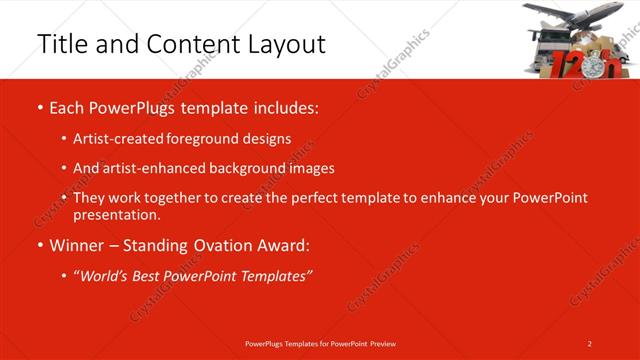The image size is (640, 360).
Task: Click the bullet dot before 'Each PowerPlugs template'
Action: pos(39,106)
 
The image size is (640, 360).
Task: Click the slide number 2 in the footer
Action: pos(590,343)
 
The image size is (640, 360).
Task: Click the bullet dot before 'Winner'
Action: pos(39,245)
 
